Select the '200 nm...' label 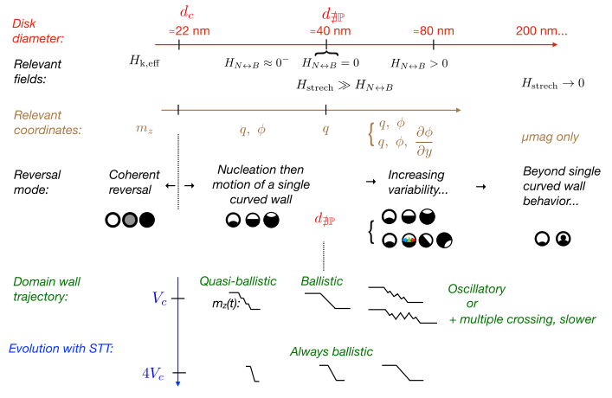click(542, 31)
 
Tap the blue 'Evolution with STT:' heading click(64, 349)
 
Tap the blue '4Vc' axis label click(158, 374)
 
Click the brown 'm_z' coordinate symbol click(145, 130)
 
